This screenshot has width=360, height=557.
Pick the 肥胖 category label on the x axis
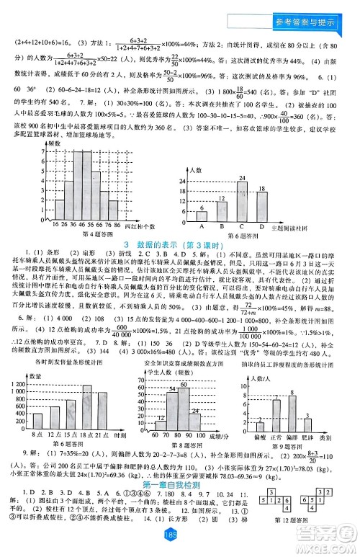coord(307,436)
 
